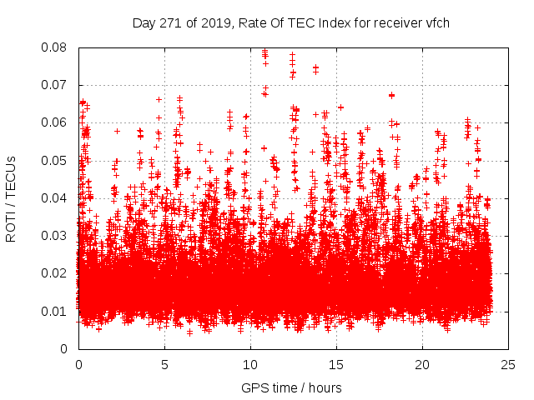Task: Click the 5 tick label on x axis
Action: (164, 365)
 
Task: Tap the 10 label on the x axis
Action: (250, 365)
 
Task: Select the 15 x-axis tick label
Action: (336, 365)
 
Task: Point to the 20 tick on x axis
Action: (422, 365)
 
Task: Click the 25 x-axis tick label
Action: (508, 365)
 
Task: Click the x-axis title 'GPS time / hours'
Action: (291, 387)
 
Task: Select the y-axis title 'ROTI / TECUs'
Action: (12, 198)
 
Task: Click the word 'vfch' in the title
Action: (436, 22)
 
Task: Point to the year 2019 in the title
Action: (212, 22)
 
